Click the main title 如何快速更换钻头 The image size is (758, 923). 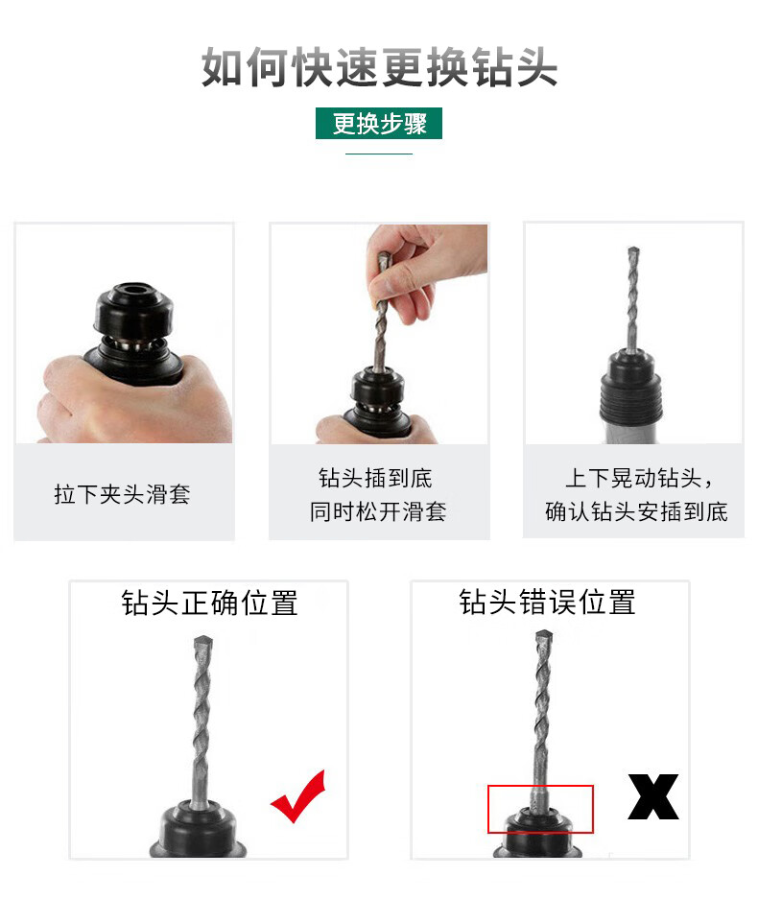pos(379,67)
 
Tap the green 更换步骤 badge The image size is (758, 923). pos(378,123)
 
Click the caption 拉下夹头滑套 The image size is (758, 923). pos(123,494)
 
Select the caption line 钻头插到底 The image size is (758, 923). pos(375,478)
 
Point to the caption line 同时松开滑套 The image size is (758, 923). pos(378,511)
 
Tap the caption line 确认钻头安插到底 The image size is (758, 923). pos(636,511)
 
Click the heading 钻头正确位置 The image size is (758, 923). pos(209,603)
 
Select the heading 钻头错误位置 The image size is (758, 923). pos(547,603)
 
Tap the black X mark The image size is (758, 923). pos(653,796)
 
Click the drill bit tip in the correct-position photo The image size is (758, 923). pos(203,640)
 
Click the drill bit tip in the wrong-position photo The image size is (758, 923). pos(544,634)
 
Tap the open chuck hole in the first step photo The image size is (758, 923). pos(134,290)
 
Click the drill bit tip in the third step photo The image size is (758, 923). pos(633,250)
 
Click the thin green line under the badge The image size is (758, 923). pos(378,154)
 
